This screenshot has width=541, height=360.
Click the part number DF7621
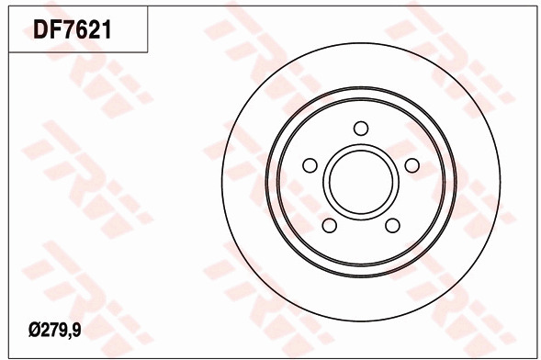click(73, 29)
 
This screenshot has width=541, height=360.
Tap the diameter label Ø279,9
click(55, 331)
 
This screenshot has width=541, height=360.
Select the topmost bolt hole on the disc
click(361, 129)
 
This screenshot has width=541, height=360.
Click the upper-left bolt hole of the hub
click(310, 165)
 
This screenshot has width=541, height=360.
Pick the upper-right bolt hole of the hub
click(412, 165)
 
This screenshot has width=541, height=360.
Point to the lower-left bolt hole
click(329, 225)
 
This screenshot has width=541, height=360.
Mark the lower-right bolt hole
click(392, 226)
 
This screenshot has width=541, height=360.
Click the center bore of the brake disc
click(361, 182)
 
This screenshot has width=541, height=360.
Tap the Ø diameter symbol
click(35, 331)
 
